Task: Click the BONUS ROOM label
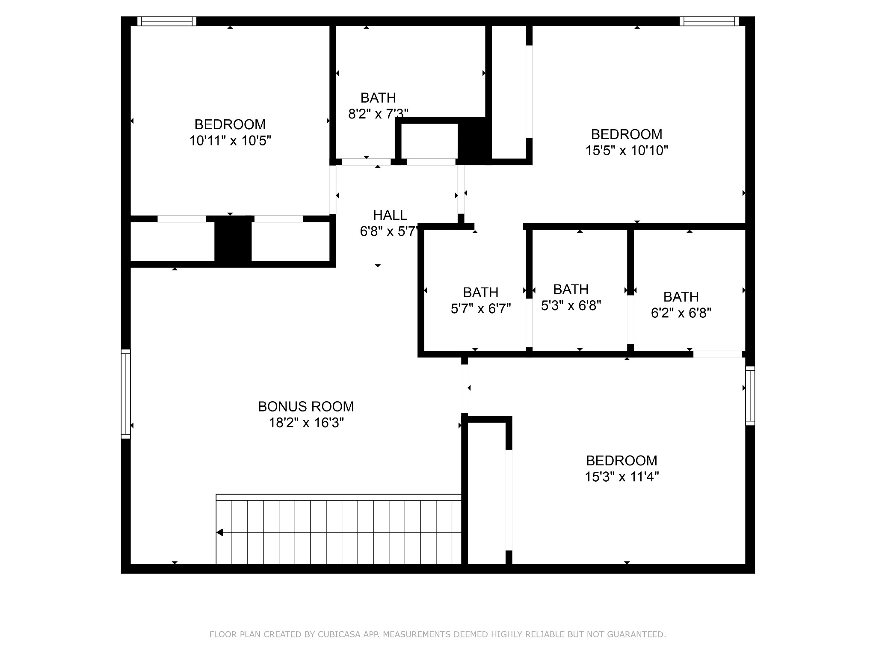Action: point(306,406)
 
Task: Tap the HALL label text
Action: point(390,215)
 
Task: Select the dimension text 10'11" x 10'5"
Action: point(230,141)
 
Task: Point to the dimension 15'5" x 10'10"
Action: point(627,151)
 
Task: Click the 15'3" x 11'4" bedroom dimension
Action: point(621,476)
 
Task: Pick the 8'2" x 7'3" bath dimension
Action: point(378,114)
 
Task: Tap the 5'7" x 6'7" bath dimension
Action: point(481,308)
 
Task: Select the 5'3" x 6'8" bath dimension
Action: point(571,305)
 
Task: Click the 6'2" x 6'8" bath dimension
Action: point(681,313)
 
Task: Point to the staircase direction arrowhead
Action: point(219,533)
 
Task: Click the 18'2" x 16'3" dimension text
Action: point(306,423)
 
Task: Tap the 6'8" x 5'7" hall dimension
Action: point(389,231)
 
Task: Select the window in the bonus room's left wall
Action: point(126,394)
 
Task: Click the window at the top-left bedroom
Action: point(167,21)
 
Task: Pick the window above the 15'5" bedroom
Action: point(709,21)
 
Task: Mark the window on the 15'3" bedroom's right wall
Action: point(750,396)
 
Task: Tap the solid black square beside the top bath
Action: point(474,141)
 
